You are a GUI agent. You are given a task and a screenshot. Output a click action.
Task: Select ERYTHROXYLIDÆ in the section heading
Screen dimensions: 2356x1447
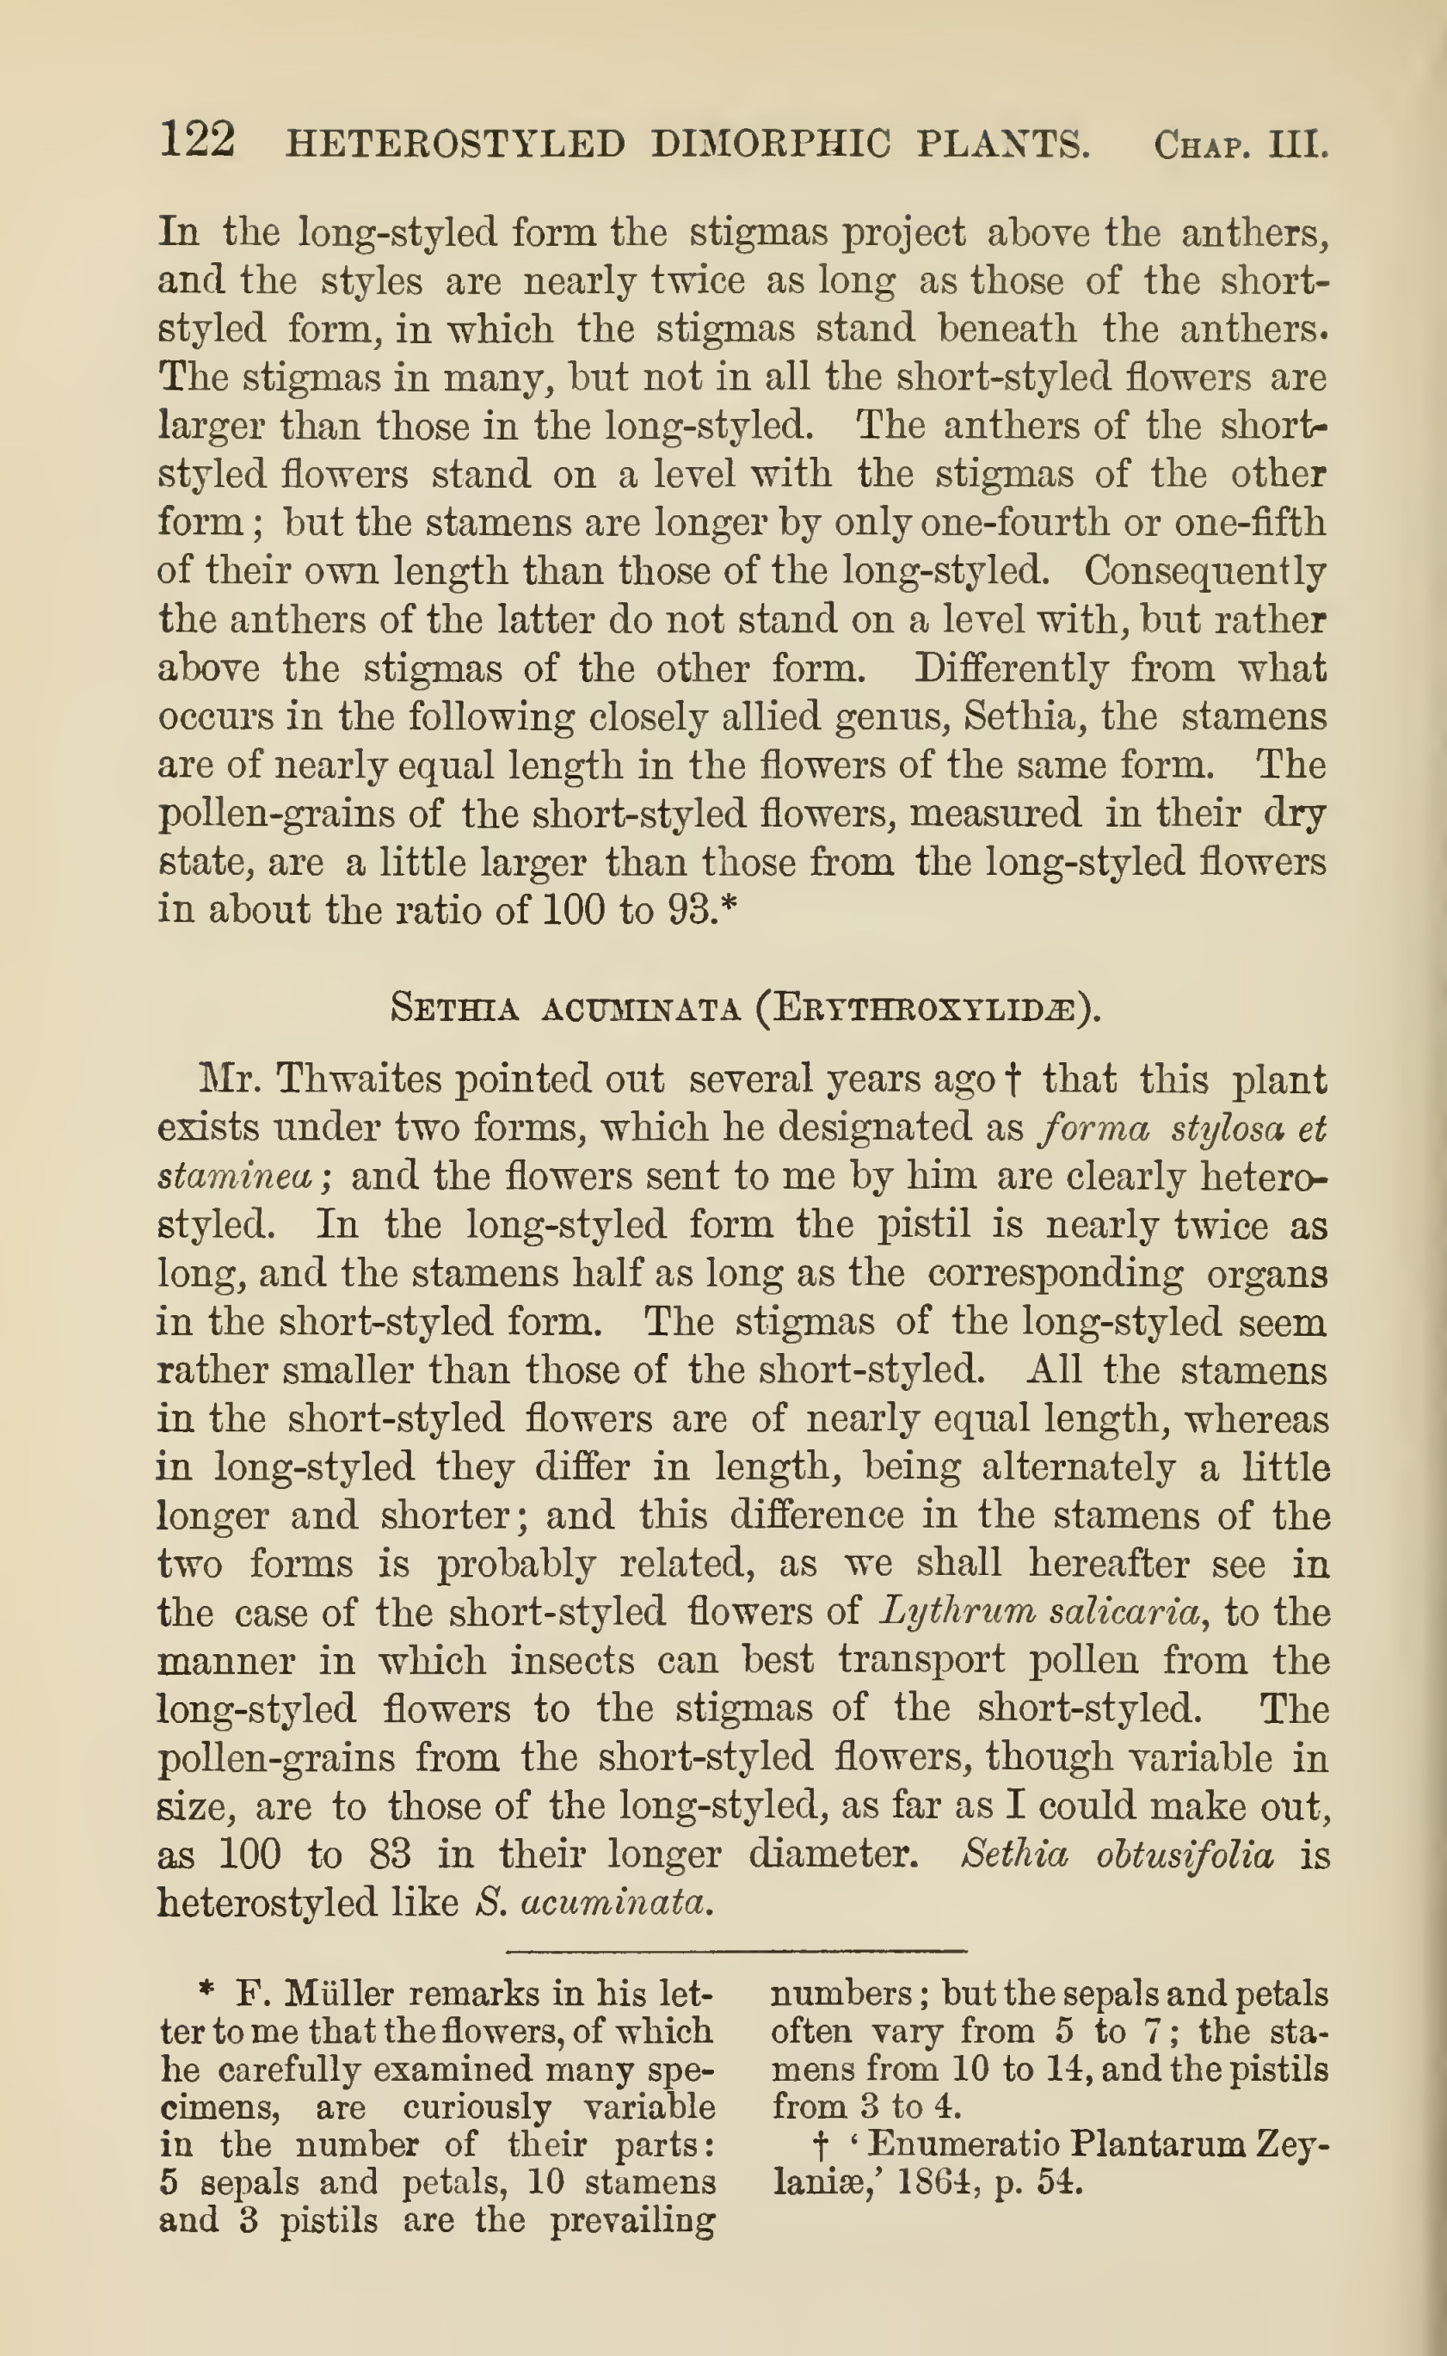point(923,1009)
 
